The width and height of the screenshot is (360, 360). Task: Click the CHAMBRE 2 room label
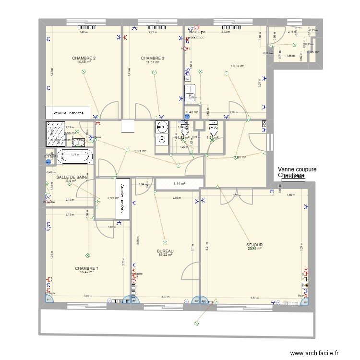(84, 58)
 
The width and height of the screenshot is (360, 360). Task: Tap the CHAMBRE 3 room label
(153, 58)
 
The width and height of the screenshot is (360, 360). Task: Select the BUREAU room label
(165, 251)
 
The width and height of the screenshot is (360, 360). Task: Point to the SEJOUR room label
(255, 244)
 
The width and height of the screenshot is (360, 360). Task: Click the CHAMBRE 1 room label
(87, 268)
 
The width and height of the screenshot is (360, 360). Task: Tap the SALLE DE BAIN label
(72, 177)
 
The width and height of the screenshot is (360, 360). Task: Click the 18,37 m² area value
(238, 66)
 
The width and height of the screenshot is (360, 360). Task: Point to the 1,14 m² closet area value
(179, 183)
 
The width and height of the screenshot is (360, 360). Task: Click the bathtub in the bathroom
(74, 156)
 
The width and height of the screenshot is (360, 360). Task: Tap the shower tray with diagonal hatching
(55, 133)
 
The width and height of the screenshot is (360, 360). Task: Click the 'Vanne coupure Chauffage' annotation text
(291, 172)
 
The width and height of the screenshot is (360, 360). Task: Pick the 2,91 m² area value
(113, 198)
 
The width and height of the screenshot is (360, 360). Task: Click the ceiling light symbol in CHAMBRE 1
(87, 255)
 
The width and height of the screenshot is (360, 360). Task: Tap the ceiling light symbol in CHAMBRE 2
(84, 72)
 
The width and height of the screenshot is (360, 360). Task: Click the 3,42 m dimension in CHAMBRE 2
(84, 33)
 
